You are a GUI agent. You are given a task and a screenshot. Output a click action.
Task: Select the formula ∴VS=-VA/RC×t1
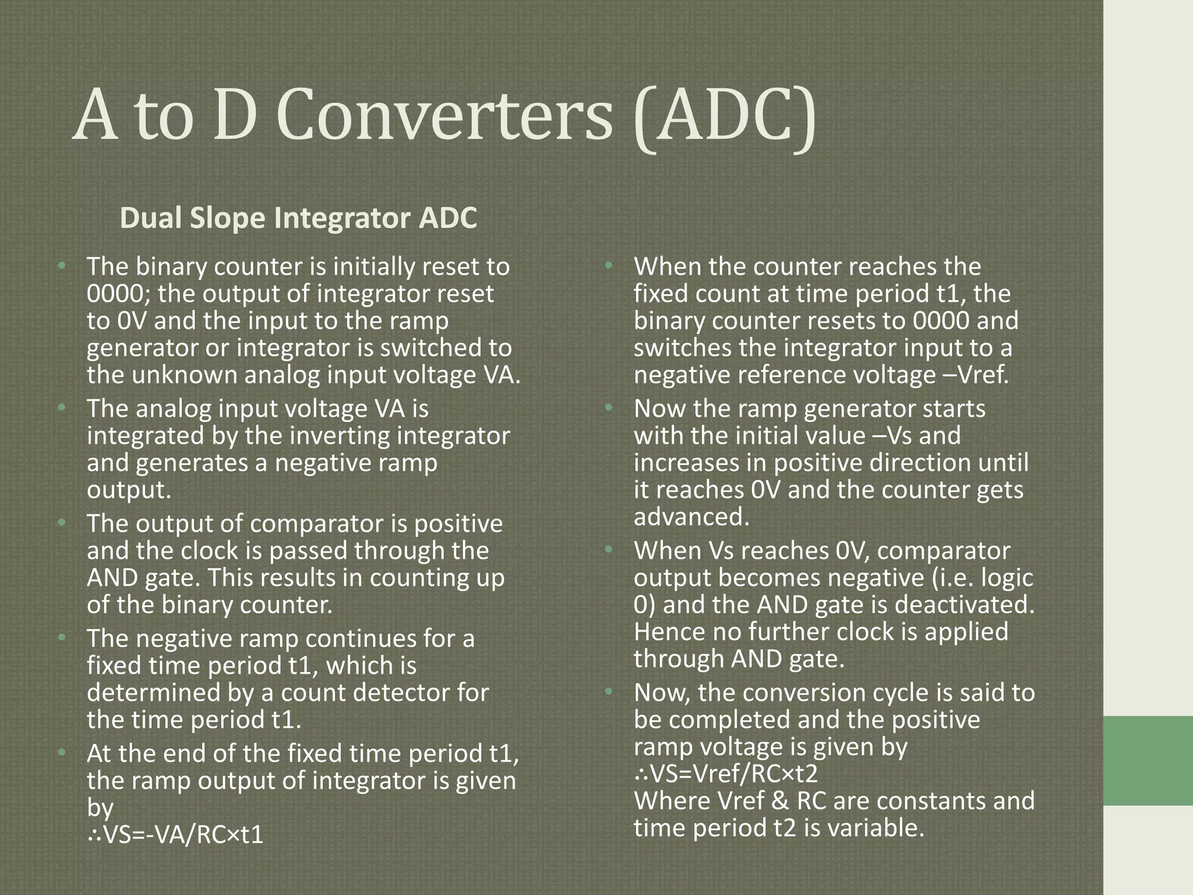point(175,835)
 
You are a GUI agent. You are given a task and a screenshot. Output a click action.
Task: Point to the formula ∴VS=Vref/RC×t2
point(726,774)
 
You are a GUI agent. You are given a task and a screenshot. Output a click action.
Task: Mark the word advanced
point(691,517)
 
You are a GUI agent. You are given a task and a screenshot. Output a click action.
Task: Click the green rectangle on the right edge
point(1148,760)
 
